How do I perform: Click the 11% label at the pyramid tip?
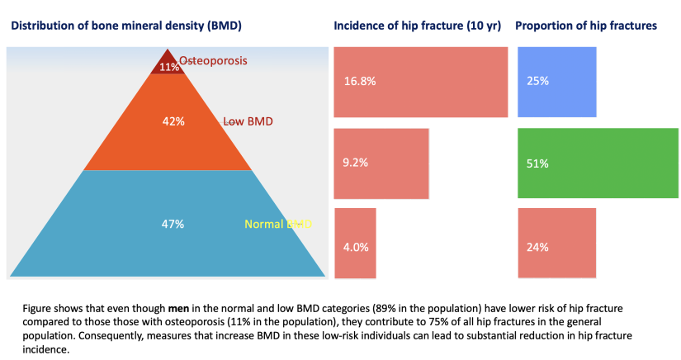pos(170,67)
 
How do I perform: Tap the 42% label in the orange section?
pos(173,121)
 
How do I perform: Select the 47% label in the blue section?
pos(173,224)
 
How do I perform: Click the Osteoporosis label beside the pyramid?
pos(213,61)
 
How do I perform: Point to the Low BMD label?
pos(248,121)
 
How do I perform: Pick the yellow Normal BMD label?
pos(277,225)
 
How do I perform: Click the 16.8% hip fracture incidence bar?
pos(420,82)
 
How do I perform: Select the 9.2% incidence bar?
pos(381,163)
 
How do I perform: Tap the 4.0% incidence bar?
pos(355,243)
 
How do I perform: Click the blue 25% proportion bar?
pos(556,82)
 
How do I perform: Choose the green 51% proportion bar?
pos(598,163)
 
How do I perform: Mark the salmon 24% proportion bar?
pos(556,243)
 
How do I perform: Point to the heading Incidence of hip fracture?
pos(417,26)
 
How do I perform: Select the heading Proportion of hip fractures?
pos(585,26)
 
